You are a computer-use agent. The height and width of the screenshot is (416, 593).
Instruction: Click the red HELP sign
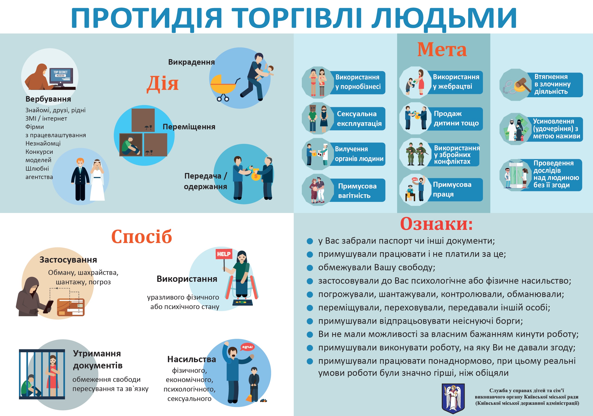[x=224, y=254]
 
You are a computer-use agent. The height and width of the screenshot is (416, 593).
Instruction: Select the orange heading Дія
[x=162, y=84]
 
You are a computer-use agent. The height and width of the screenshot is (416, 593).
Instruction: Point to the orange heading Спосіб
[x=142, y=237]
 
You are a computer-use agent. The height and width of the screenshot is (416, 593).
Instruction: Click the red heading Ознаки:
[x=436, y=224]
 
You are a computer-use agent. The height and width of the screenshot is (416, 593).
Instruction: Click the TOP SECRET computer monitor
[x=61, y=77]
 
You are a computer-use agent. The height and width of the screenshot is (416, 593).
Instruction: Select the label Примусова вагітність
[x=357, y=191]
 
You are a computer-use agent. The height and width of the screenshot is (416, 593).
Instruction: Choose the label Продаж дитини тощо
[x=456, y=118]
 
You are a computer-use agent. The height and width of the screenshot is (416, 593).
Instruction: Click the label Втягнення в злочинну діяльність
[x=553, y=84]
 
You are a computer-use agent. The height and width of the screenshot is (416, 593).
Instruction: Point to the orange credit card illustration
[x=71, y=307]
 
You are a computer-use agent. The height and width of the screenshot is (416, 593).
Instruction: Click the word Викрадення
[x=191, y=62]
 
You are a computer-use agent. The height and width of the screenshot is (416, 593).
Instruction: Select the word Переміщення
[x=189, y=127]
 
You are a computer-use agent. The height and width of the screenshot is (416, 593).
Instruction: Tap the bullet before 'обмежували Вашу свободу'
[x=310, y=268]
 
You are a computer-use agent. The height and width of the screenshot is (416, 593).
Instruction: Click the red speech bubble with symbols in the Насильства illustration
[x=247, y=347]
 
